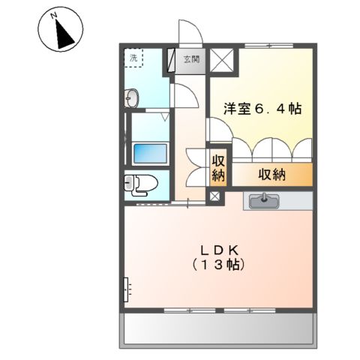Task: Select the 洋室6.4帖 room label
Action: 262,109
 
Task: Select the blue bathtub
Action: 149,153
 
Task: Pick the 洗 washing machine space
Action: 135,58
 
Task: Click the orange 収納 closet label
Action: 271,175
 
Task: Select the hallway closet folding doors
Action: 196,168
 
